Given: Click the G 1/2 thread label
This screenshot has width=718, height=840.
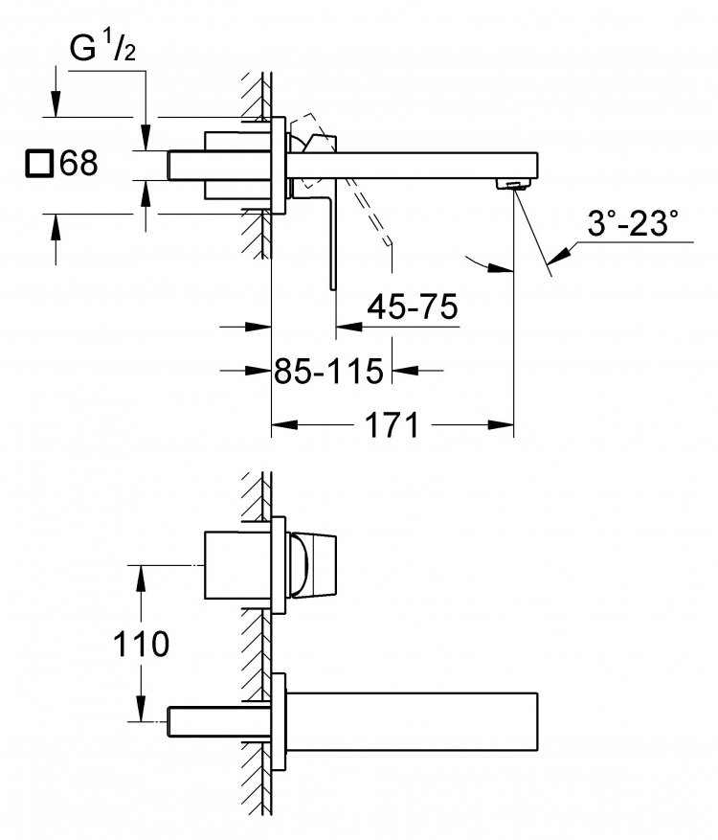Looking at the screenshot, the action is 102,49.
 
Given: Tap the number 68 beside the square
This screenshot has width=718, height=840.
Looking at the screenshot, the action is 79,163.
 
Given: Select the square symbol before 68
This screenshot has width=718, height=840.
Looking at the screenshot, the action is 39,164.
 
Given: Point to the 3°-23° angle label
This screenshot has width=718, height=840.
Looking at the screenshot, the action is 633,223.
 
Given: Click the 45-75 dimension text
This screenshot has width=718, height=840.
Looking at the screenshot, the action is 413,306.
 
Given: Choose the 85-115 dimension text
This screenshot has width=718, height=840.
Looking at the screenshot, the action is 328,371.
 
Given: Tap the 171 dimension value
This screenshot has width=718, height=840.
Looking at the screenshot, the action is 392,425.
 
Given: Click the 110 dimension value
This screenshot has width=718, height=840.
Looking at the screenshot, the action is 142,644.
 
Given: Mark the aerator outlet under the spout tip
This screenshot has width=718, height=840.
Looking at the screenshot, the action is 514,185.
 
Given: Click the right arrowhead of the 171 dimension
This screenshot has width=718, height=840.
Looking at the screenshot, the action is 500,425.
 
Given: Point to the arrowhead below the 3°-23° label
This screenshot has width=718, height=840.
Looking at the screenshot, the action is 558,255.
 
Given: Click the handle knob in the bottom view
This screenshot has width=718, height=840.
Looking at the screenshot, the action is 314,565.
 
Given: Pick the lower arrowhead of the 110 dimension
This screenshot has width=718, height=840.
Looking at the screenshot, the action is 141,709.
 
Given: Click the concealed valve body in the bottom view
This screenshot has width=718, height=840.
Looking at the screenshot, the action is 237,565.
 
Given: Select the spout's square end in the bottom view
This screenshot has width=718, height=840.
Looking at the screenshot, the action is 537,721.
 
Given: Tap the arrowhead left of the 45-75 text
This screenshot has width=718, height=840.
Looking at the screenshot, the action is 349,326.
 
